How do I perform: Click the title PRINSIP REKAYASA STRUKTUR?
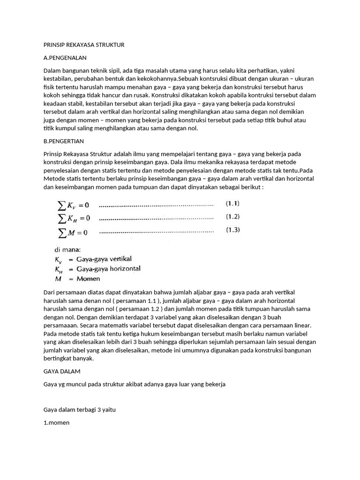(83, 45)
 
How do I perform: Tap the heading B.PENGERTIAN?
(63, 141)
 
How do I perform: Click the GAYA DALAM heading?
(62, 371)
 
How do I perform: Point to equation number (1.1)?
(233, 204)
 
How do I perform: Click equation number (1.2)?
(233, 217)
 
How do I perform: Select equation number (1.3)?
(233, 230)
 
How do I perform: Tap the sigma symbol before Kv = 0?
(61, 205)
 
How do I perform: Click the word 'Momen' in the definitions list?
(88, 278)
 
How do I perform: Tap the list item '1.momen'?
(56, 422)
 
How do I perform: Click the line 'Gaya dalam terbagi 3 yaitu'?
(79, 410)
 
